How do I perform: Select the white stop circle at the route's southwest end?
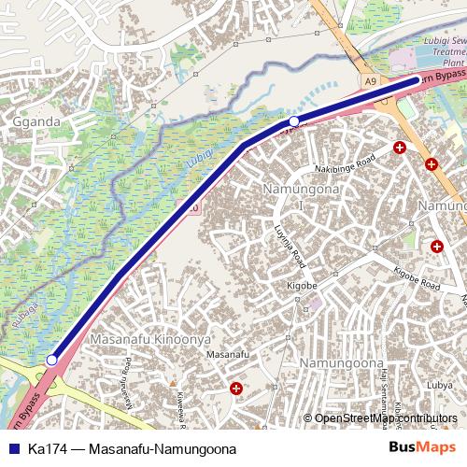pos(52,359)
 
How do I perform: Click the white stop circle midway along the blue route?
pos(293,121)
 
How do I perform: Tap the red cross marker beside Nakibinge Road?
pos(400,148)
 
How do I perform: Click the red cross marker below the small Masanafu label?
pos(235,387)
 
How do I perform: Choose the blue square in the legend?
pos(13,449)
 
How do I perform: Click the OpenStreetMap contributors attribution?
pos(386,417)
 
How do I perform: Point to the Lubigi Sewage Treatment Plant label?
pos(444,52)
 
